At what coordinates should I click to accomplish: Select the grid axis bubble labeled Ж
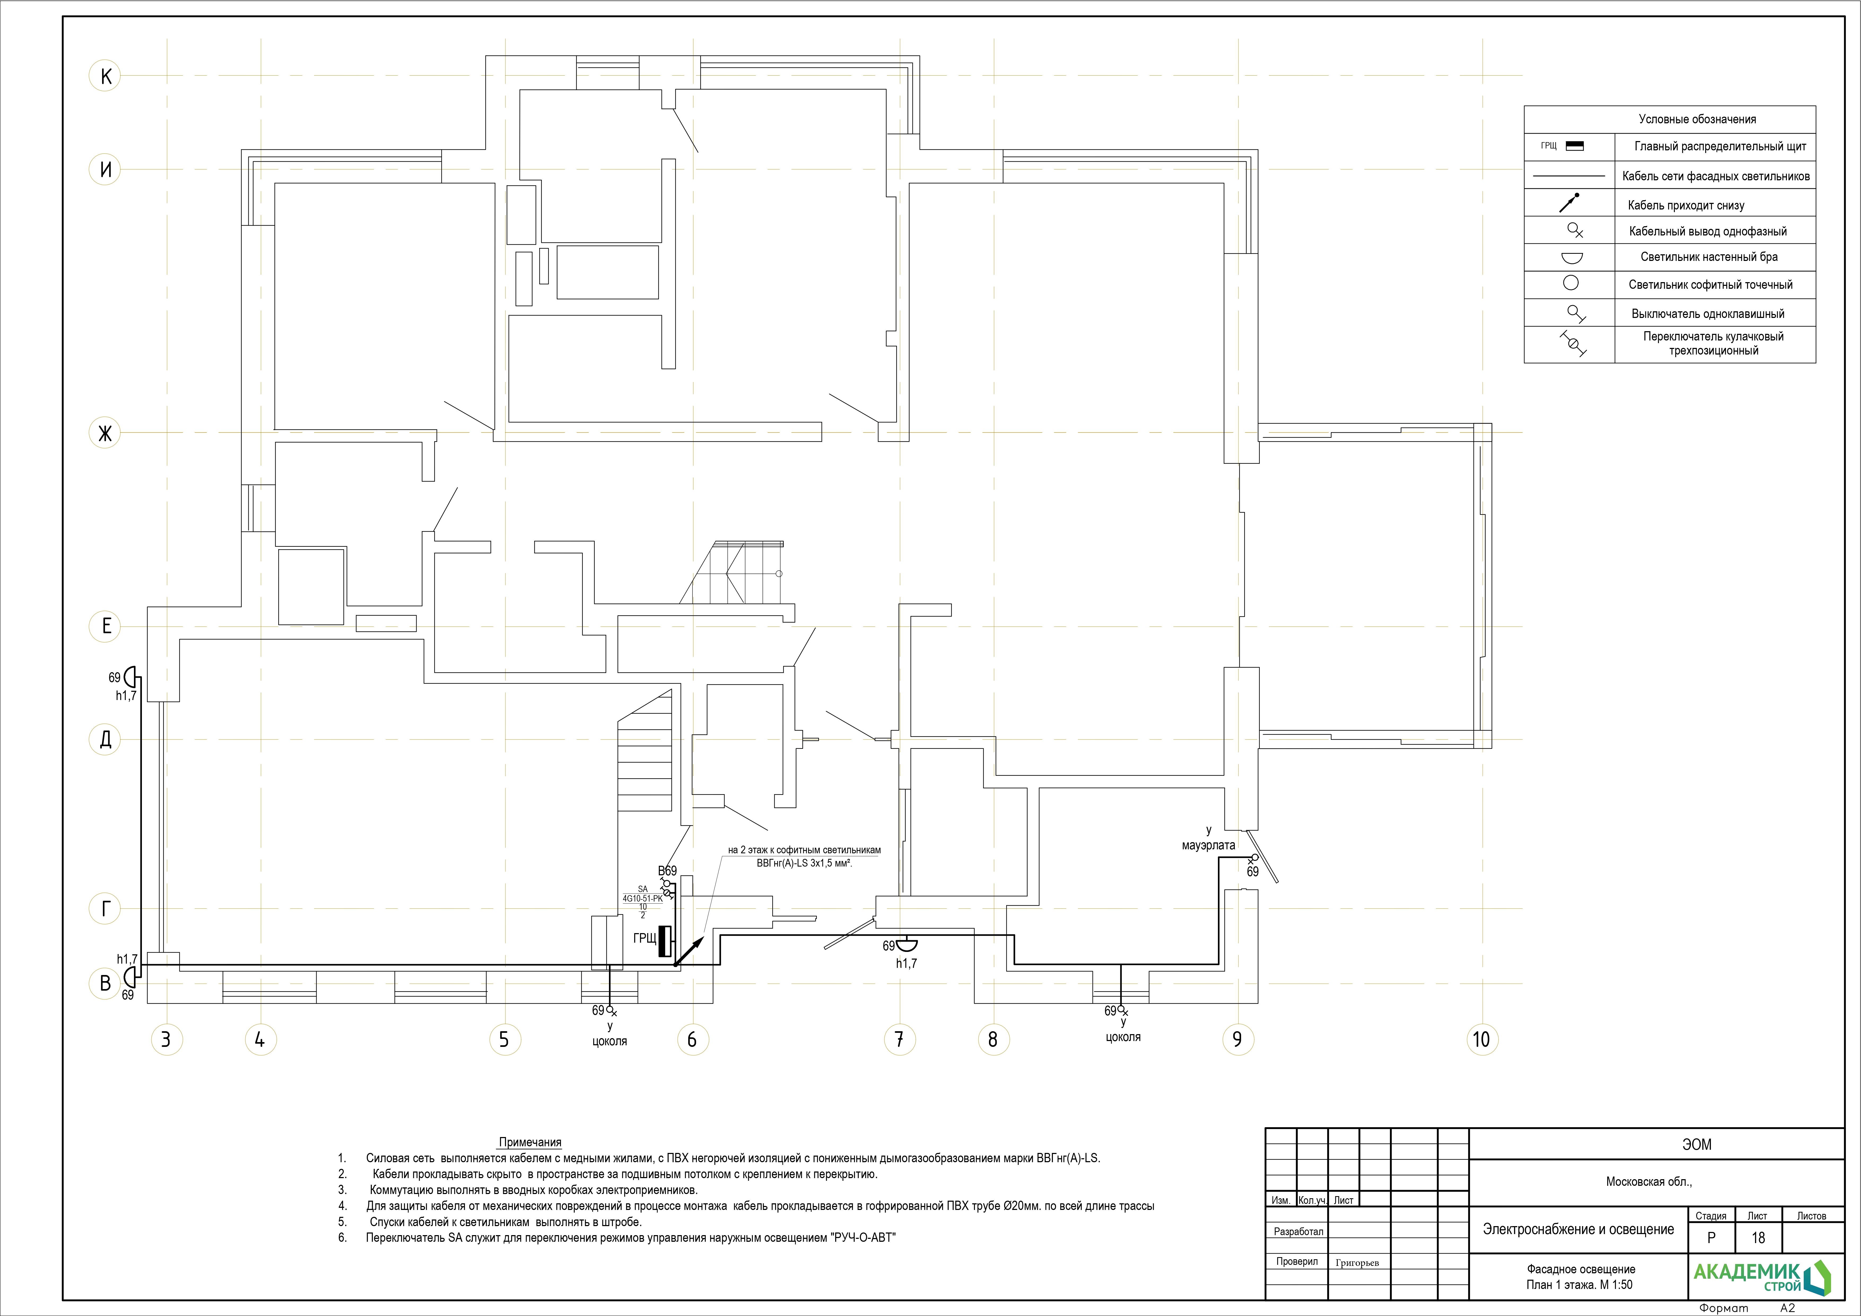tap(105, 433)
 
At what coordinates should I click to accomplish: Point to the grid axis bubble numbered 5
tap(504, 1039)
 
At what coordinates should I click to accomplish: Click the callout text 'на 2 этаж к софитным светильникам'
tap(804, 850)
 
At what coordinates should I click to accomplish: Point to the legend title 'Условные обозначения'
tap(1697, 119)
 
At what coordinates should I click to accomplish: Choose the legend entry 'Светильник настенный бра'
tap(1709, 257)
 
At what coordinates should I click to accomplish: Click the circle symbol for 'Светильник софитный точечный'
tap(1571, 284)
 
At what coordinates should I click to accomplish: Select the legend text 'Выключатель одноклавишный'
tap(1708, 314)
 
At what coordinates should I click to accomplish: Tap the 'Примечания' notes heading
tap(530, 1143)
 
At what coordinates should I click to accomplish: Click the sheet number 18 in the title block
tap(1757, 1238)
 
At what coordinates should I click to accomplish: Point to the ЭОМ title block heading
tap(1697, 1144)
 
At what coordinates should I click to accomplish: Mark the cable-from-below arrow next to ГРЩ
tap(688, 952)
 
